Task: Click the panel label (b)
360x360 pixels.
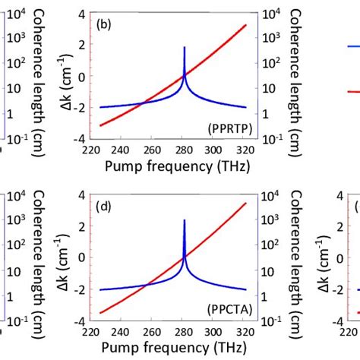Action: click(104, 24)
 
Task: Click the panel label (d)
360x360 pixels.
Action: click(104, 204)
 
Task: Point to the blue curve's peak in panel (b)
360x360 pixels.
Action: click(185, 48)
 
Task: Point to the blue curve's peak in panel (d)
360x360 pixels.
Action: click(185, 221)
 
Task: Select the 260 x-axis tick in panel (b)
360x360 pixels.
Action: click(153, 150)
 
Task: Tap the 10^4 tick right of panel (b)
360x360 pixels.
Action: click(269, 13)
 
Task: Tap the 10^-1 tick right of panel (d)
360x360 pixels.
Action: click(270, 320)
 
